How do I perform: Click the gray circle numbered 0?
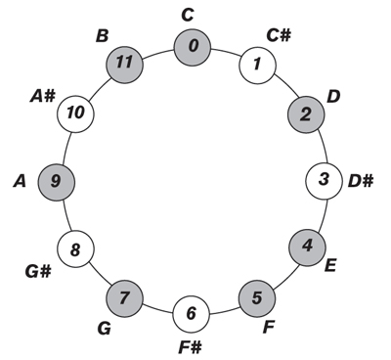coord(193,46)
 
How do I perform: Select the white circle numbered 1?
coord(257,66)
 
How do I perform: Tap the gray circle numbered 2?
coord(306,114)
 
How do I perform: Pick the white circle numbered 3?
coord(324,180)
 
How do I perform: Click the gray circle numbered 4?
coord(307,246)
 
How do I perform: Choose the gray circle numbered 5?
coord(257,295)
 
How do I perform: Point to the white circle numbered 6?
coord(192,313)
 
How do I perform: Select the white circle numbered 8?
coord(75,247)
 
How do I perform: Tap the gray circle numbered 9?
coord(56,180)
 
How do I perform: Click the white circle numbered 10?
coord(75,113)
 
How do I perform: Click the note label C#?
coord(281,36)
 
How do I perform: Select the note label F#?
coord(191,346)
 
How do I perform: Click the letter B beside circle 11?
coord(102,37)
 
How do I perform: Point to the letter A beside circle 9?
coord(19,181)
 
